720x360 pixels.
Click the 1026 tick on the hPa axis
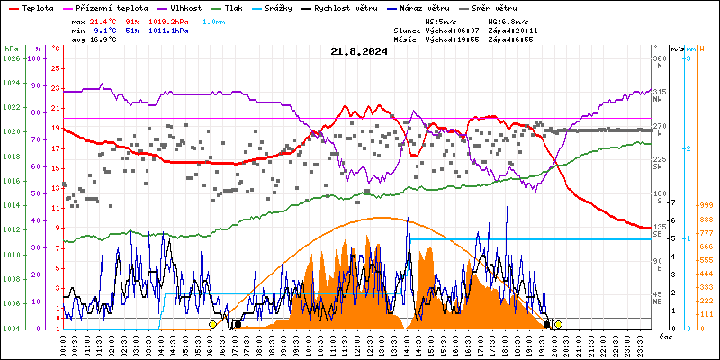11,58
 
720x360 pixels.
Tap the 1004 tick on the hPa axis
11,328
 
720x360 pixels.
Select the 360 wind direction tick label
660,58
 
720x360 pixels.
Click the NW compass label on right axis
659,99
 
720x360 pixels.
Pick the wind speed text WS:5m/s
440,20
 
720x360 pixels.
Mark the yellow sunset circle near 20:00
558,324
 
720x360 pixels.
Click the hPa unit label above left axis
11,49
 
